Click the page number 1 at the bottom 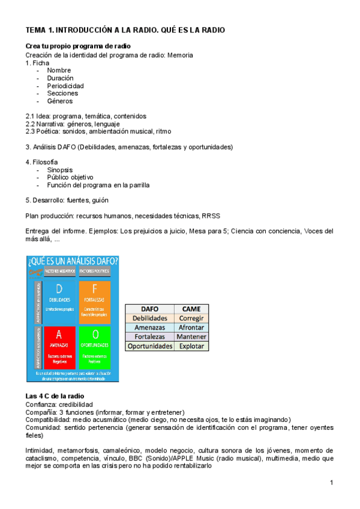(x=331, y=483)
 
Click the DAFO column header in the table (x=150, y=308)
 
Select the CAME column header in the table (x=191, y=308)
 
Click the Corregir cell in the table (x=191, y=318)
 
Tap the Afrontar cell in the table (x=191, y=327)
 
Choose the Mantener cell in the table (x=191, y=337)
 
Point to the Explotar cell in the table (x=191, y=346)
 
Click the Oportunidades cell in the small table (x=150, y=346)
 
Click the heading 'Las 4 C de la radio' (x=55, y=396)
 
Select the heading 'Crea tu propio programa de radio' (x=78, y=46)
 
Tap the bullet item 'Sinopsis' (x=59, y=170)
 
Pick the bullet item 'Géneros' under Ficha (x=59, y=101)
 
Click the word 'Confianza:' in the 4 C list (x=41, y=404)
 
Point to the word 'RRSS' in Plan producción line (x=211, y=215)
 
